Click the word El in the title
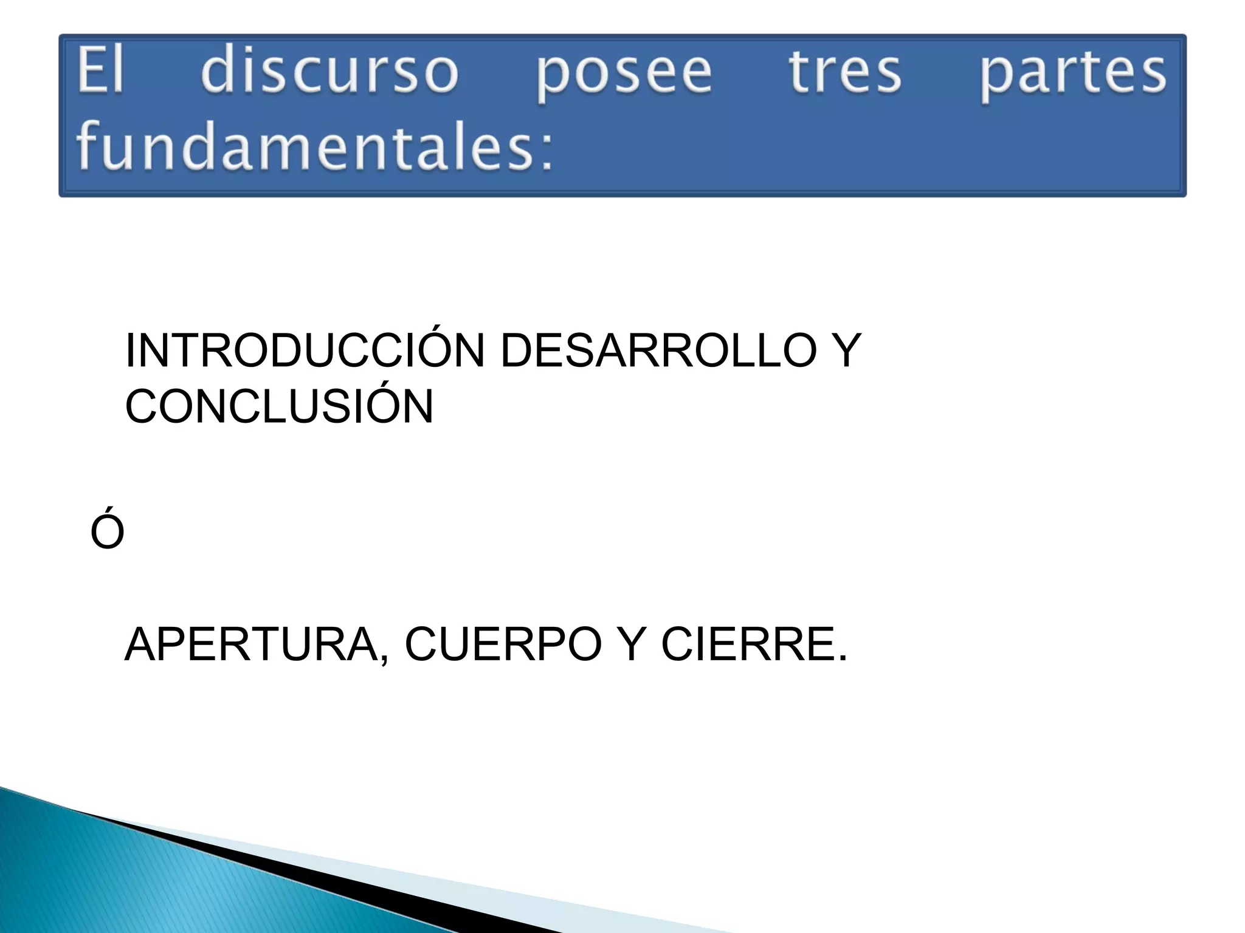(100, 72)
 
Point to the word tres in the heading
(844, 72)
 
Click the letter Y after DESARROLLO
(841, 351)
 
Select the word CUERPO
(503, 644)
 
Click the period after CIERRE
(841, 658)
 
